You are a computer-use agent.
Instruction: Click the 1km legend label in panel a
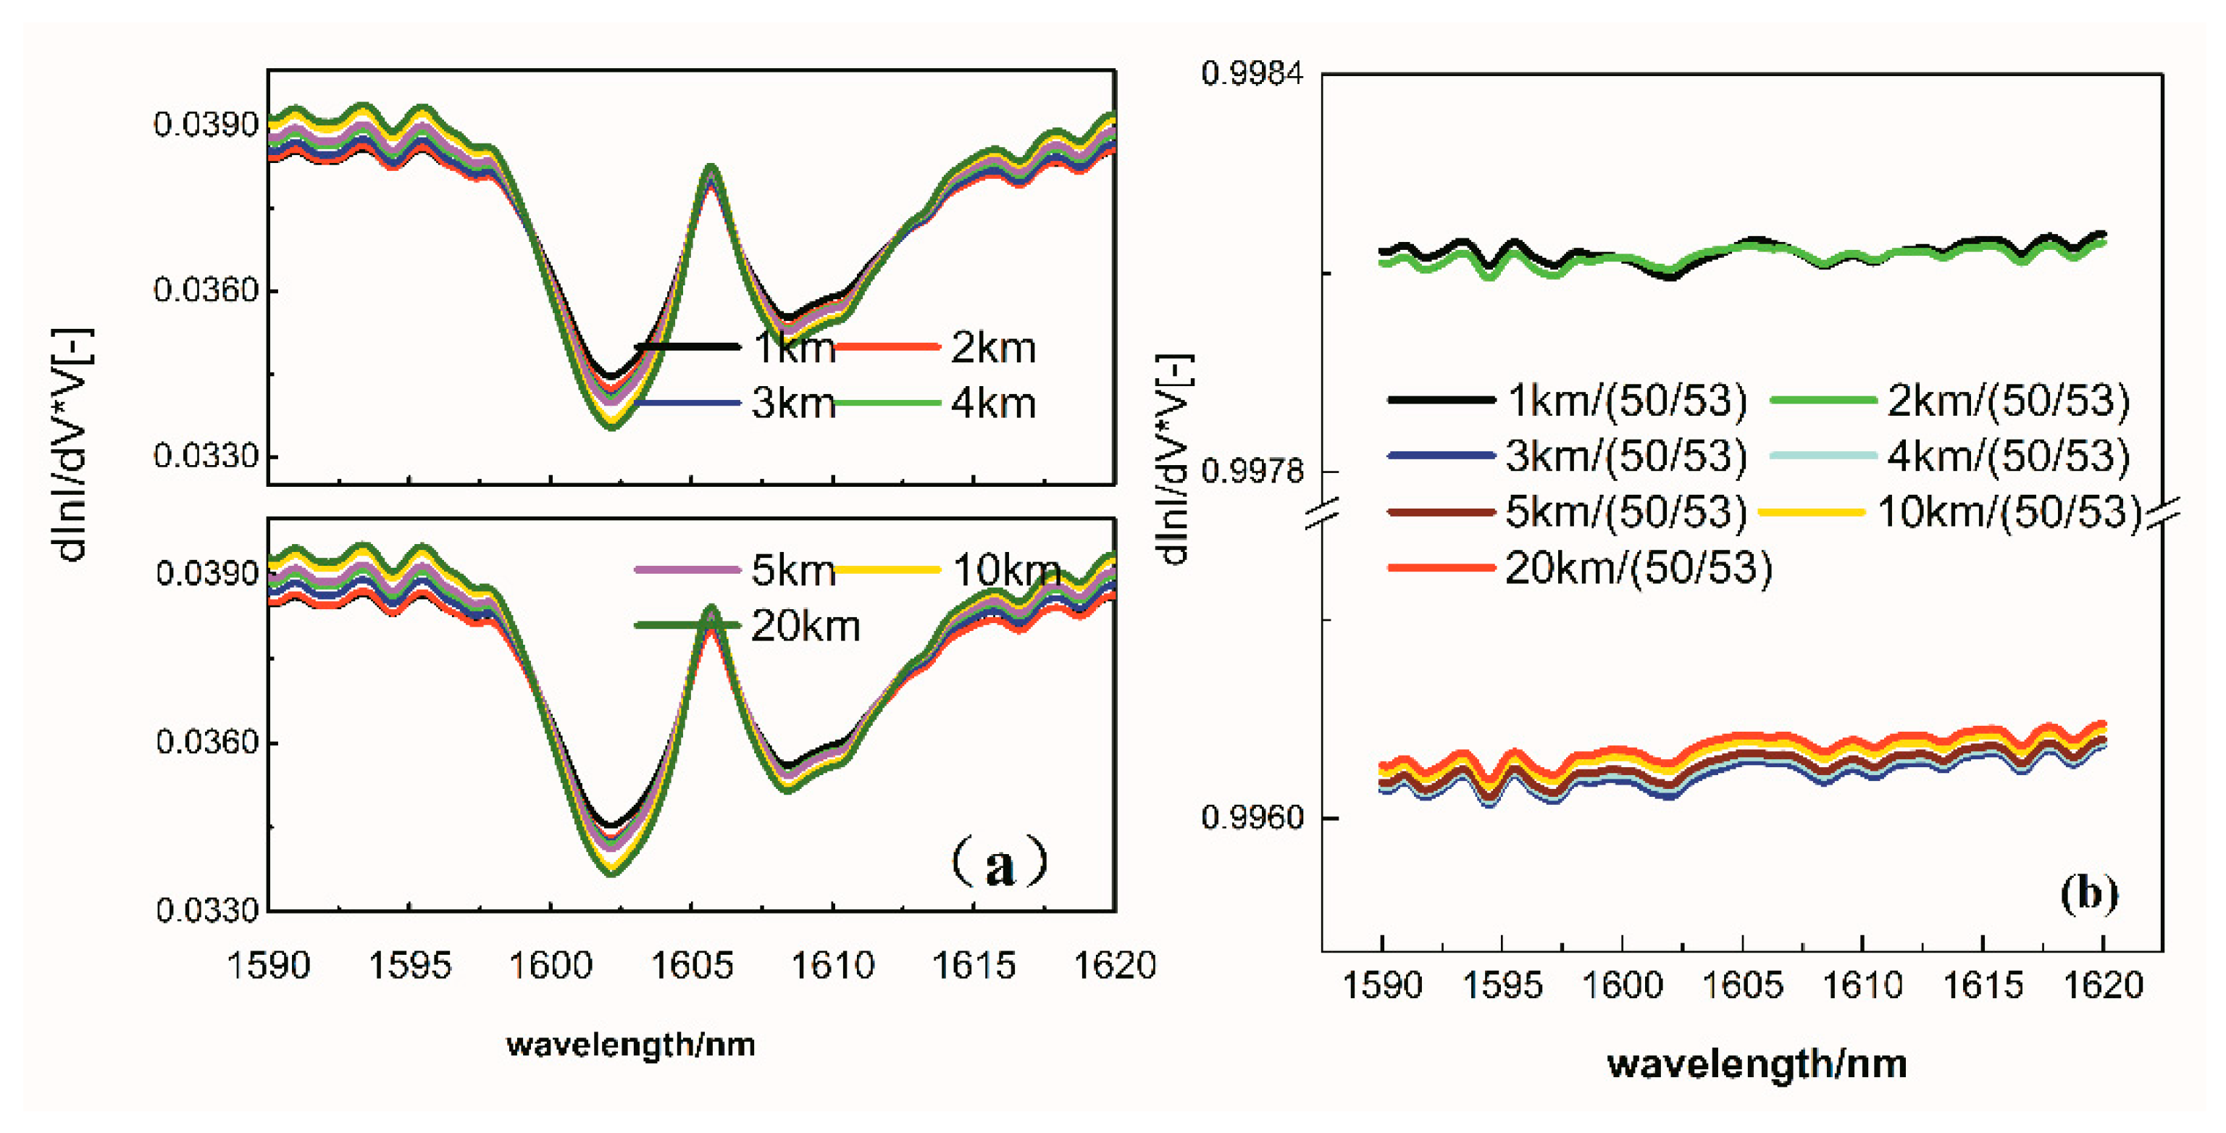click(x=793, y=348)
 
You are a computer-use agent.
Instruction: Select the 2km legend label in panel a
click(x=993, y=348)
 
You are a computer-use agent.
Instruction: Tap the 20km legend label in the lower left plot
click(x=806, y=626)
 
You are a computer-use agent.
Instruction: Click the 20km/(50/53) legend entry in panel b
click(x=1639, y=569)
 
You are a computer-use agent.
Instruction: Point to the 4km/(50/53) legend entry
click(x=2007, y=456)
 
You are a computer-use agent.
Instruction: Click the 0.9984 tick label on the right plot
click(x=1251, y=75)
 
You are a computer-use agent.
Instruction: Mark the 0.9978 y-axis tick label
click(x=1251, y=472)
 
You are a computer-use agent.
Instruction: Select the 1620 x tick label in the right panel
click(x=2102, y=985)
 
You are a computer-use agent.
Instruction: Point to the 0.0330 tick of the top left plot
click(x=206, y=456)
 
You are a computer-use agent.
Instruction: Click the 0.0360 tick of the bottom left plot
click(x=207, y=742)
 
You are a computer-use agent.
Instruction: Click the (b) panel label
click(x=2088, y=892)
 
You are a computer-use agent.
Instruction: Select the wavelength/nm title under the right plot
click(x=1757, y=1064)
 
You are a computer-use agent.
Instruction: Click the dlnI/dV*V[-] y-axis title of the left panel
click(x=72, y=444)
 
